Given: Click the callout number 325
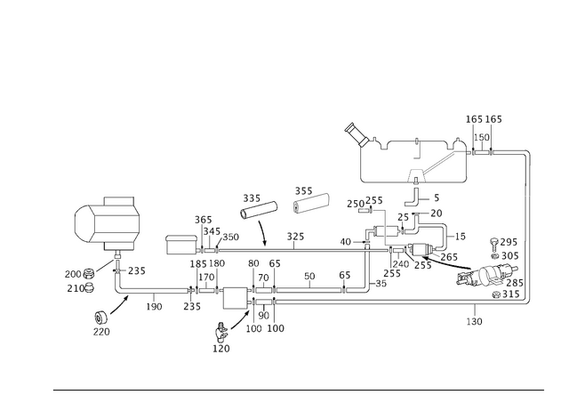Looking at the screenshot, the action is pos(295,237).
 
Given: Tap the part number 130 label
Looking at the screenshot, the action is pos(474,321).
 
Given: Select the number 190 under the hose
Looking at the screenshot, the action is pos(154,307).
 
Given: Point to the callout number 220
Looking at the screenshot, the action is pos(101,332).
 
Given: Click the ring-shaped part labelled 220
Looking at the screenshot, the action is pos(101,318).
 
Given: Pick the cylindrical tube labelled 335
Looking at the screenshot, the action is pos(259,210).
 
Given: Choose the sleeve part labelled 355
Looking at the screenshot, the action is pos(311,203).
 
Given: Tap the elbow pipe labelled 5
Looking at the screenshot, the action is pos(413,198).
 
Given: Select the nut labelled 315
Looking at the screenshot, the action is pos(496,294).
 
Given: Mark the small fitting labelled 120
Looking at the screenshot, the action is pos(220,332).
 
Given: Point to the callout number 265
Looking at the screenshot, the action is pos(449,257).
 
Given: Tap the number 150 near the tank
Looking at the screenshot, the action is pos(482,138).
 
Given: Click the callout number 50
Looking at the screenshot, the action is pos(309,277).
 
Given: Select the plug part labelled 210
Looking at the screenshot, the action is pos(89,288).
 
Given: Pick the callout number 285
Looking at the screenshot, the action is pos(515,283).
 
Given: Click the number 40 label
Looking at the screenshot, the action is pos(346,242).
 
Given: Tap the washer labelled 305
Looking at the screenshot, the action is pos(494,257).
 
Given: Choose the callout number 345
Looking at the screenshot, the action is pos(212,231).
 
